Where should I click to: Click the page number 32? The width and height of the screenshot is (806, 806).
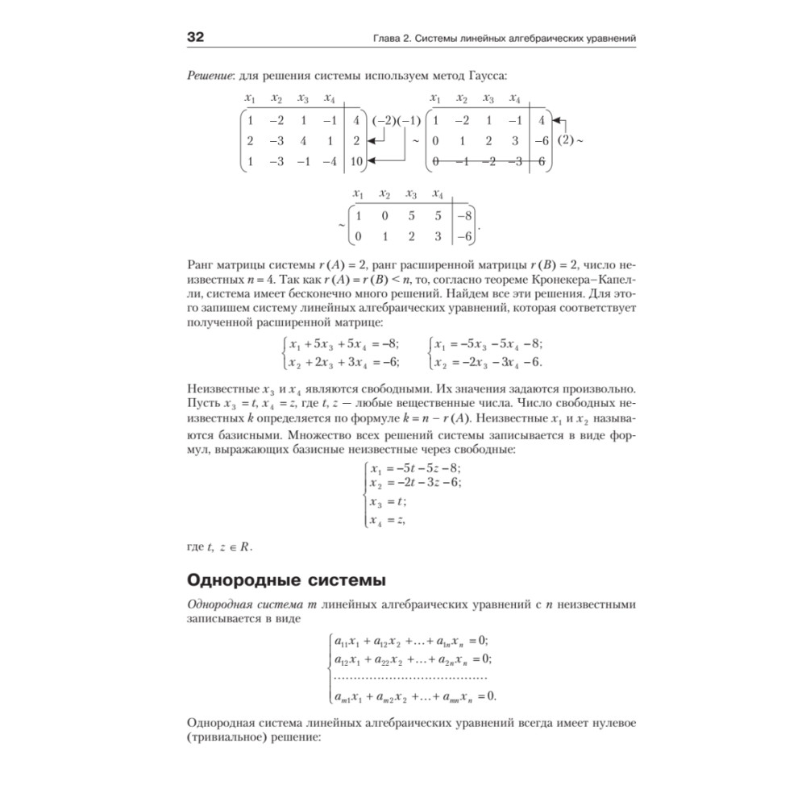coord(197,37)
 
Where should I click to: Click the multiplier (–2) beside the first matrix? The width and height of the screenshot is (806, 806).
coord(384,122)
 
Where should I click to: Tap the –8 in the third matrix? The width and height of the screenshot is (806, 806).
coord(463,215)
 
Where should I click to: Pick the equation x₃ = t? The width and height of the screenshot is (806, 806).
coord(388,502)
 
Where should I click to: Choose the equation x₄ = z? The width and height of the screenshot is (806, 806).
coord(388,521)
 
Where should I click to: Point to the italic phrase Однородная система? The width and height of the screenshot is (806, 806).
coord(242,604)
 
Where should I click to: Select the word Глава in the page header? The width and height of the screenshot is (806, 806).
coord(376,38)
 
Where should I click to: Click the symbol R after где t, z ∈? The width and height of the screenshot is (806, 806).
coord(245,548)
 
